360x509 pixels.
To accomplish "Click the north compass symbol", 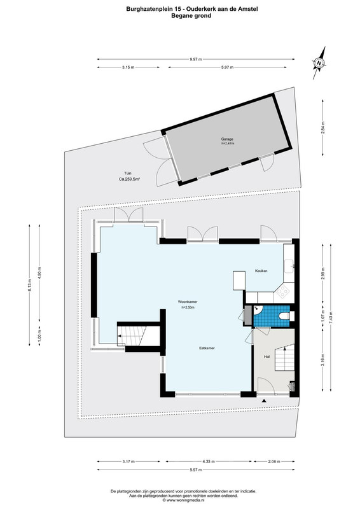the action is (319, 63).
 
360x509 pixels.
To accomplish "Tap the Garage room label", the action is (227, 139).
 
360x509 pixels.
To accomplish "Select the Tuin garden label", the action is (128, 173).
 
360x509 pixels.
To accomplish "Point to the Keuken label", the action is (261, 271).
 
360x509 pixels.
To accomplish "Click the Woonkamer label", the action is (188, 302).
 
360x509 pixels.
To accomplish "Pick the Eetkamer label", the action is (207, 348).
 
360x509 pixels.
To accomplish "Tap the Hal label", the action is (267, 356).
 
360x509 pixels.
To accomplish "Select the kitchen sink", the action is (289, 266).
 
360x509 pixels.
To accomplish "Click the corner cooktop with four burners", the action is (282, 291).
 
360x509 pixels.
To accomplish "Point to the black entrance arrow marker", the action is (264, 401).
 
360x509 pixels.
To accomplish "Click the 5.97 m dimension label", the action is (227, 67).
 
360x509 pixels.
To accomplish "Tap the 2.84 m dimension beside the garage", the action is (322, 128).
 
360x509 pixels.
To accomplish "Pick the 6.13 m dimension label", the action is (29, 285).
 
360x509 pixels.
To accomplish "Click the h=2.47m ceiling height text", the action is (228, 143).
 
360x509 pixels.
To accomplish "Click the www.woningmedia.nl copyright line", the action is (183, 500).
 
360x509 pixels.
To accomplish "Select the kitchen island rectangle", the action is (239, 281).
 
